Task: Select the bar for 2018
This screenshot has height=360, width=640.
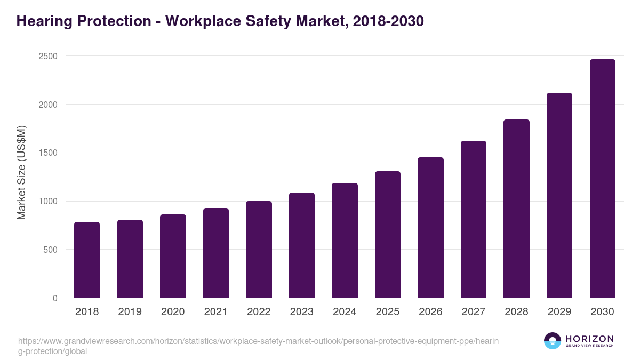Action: pyautogui.click(x=87, y=260)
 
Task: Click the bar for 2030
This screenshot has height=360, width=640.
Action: pyautogui.click(x=602, y=179)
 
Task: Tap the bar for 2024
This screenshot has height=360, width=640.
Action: pyautogui.click(x=345, y=241)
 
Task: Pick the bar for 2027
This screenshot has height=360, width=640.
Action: pyautogui.click(x=474, y=219)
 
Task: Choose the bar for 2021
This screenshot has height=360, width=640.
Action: pyautogui.click(x=216, y=253)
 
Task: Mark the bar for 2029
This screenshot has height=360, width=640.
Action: pyautogui.click(x=559, y=195)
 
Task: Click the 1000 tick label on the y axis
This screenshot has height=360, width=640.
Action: pyautogui.click(x=48, y=202)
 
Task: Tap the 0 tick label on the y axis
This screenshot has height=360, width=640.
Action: pyautogui.click(x=55, y=299)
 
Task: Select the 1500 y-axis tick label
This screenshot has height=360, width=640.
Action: pyautogui.click(x=48, y=153)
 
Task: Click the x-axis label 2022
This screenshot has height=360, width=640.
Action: pyautogui.click(x=259, y=312)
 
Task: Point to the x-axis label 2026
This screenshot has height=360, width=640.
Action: pyautogui.click(x=430, y=312)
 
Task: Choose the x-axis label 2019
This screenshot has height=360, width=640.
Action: pyautogui.click(x=130, y=312)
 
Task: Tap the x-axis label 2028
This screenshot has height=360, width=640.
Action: pyautogui.click(x=516, y=312)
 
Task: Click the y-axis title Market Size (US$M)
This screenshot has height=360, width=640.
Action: pyautogui.click(x=21, y=172)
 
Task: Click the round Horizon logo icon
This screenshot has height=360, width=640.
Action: pyautogui.click(x=553, y=341)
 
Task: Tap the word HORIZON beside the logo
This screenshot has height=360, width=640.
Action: pyautogui.click(x=589, y=339)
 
